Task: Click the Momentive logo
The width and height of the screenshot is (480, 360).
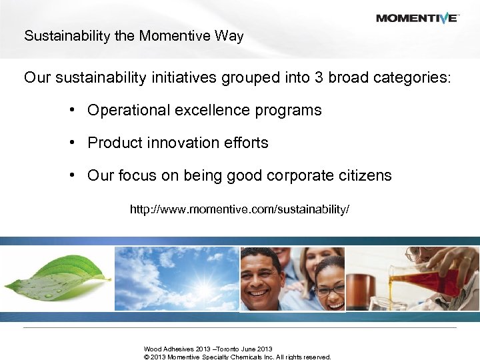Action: (x=417, y=18)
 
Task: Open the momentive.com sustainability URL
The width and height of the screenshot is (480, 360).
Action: (x=239, y=210)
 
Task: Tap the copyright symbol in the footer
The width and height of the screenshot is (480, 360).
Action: (x=146, y=357)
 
